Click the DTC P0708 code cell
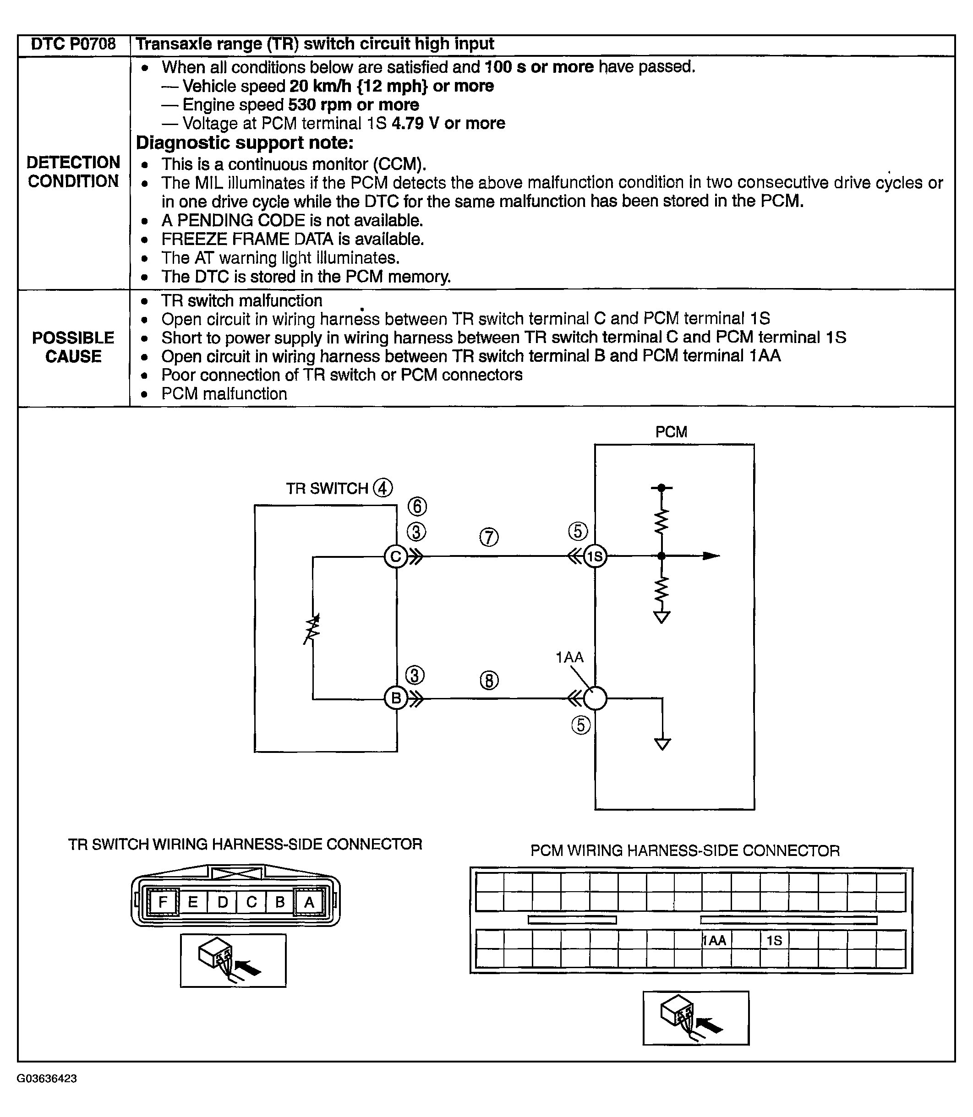tap(73, 44)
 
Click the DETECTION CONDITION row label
tap(73, 172)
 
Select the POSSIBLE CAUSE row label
tap(73, 347)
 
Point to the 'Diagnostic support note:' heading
tap(244, 143)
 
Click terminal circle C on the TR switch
tap(396, 556)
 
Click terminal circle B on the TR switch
tap(396, 698)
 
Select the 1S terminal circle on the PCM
tap(595, 556)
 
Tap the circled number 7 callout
tap(489, 537)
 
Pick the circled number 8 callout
tap(489, 680)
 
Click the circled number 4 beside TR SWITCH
tap(383, 488)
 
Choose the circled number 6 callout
tap(417, 507)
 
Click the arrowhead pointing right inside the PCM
tap(711, 556)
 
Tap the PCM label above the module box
tap(671, 432)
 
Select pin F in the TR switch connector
tap(162, 902)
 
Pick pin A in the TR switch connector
tap(309, 902)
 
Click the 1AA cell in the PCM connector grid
tap(716, 941)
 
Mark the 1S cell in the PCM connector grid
tap(774, 941)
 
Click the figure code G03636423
tap(47, 1079)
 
